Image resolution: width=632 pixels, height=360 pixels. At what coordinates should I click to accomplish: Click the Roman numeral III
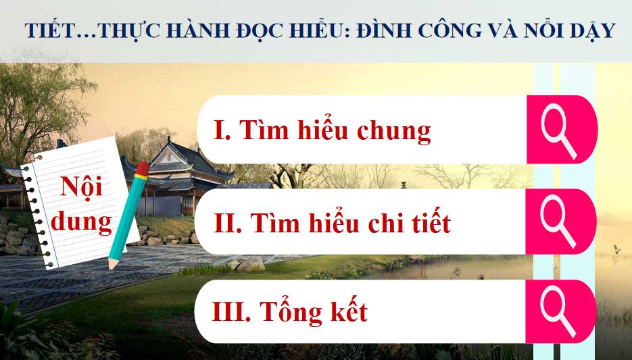(233, 313)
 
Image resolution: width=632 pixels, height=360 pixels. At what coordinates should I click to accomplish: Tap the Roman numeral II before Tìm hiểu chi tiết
(227, 223)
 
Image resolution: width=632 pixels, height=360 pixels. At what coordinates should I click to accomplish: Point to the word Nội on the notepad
(81, 186)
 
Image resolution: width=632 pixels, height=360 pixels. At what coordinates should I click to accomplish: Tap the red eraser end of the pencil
(143, 168)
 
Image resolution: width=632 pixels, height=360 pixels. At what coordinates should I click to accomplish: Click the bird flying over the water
(616, 249)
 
